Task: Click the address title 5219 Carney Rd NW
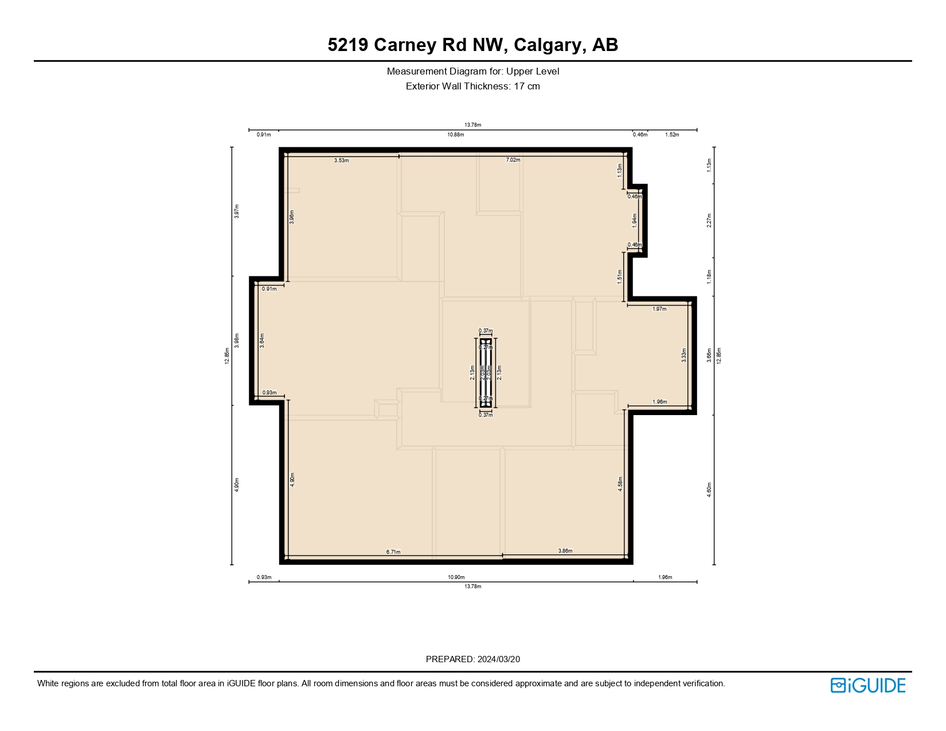pos(472,45)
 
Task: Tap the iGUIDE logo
pos(868,685)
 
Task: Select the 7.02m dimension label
pos(513,160)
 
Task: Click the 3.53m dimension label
pos(342,161)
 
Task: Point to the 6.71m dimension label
pos(393,552)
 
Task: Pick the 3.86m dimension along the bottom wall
pos(565,551)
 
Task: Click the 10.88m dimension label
pos(456,135)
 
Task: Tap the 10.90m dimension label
pos(456,577)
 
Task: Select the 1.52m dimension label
pos(672,135)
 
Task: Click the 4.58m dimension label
pos(620,484)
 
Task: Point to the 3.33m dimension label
pos(683,355)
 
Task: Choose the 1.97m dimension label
pos(660,309)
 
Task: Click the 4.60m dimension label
pos(709,490)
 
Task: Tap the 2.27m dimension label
pos(709,221)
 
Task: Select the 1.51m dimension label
pos(620,276)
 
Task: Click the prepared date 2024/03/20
pos(498,659)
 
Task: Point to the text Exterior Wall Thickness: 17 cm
pos(472,87)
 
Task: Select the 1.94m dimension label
pos(635,221)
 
